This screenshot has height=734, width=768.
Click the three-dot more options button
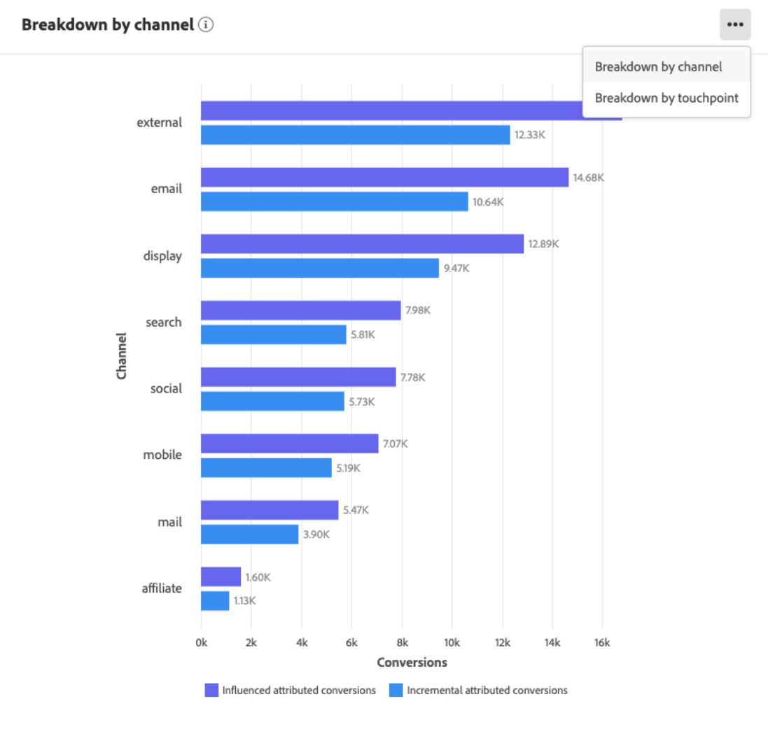(734, 24)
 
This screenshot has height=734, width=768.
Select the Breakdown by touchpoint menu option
(666, 98)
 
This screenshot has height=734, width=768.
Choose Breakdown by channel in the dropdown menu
(658, 67)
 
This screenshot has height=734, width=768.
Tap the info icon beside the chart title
(206, 24)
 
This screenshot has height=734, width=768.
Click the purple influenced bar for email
(384, 177)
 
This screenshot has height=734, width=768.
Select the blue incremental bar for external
(355, 135)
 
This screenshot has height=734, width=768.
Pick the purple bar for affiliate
(221, 577)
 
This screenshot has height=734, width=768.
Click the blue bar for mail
(249, 535)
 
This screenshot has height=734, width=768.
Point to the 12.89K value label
(543, 244)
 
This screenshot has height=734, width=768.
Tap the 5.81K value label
(363, 334)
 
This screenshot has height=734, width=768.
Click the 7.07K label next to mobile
(395, 444)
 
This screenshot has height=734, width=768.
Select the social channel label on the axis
(166, 388)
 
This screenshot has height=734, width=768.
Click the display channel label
(162, 255)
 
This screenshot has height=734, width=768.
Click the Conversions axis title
(412, 662)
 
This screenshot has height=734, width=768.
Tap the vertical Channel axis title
(122, 355)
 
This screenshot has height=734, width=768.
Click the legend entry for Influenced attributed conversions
(291, 691)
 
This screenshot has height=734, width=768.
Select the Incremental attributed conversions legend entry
(479, 691)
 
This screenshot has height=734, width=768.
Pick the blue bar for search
(273, 334)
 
